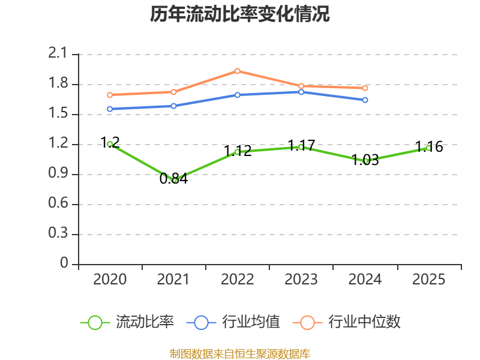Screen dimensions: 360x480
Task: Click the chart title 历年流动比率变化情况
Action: (240, 14)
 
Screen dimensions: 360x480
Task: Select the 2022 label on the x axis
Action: (238, 279)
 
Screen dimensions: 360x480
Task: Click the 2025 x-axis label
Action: (429, 279)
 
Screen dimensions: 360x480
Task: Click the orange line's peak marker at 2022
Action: (238, 71)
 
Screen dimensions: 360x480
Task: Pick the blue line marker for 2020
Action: (110, 109)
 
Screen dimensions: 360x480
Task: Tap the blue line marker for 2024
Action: (365, 100)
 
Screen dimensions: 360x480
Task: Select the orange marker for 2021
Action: (173, 92)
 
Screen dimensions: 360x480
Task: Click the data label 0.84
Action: (173, 178)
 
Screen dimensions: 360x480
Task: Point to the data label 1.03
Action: (365, 160)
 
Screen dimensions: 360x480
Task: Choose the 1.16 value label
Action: (429, 146)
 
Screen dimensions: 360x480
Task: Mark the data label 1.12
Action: (238, 151)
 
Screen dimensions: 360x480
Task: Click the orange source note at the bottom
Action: (240, 353)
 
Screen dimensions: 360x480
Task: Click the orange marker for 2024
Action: (365, 88)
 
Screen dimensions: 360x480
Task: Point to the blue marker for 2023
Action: (301, 92)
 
